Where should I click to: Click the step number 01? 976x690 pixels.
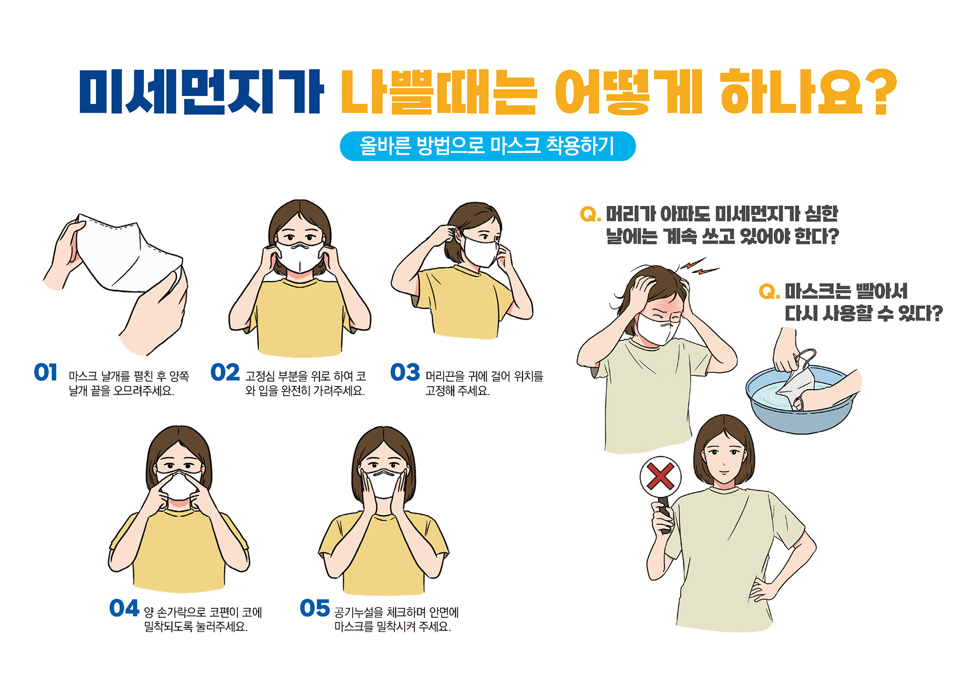click(46, 372)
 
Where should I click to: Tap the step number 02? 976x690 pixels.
click(225, 372)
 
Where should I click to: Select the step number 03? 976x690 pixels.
click(405, 372)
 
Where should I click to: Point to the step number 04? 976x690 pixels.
click(124, 608)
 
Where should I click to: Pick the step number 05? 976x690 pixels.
click(315, 608)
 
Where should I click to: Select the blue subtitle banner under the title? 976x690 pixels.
click(487, 146)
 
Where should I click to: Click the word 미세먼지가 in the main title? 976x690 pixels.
click(201, 91)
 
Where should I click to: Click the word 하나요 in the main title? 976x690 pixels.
click(791, 91)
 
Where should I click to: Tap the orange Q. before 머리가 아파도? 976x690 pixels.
click(590, 214)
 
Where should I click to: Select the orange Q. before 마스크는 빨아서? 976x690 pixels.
click(769, 292)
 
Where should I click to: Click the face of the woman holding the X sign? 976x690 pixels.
click(724, 457)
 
